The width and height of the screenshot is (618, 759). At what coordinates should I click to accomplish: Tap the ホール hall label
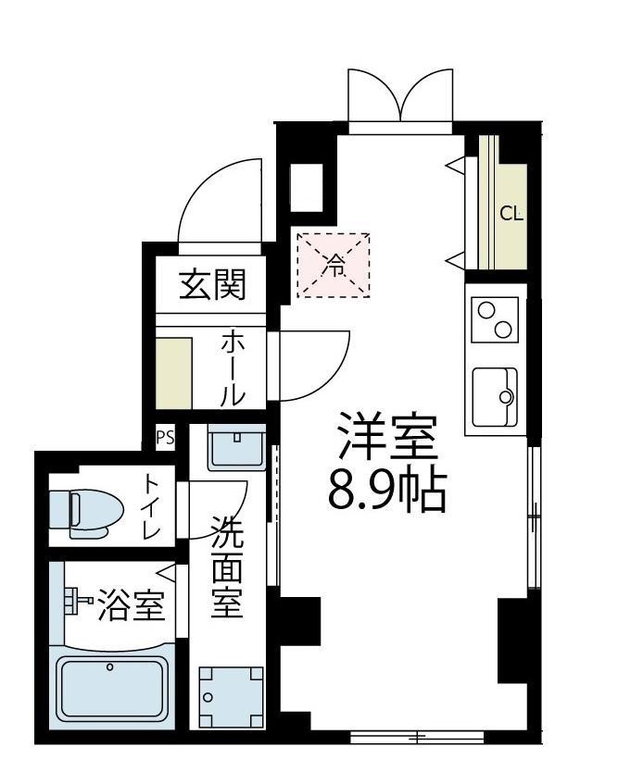[x=232, y=368]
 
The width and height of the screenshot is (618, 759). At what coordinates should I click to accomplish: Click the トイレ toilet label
[x=152, y=507]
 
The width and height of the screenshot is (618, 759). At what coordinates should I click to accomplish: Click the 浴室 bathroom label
[x=132, y=607]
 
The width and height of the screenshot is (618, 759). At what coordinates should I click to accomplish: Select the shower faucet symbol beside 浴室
[x=75, y=603]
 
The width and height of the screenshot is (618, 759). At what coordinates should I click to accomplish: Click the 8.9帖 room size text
[x=387, y=492]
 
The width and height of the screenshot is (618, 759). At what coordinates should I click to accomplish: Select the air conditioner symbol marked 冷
[x=333, y=266]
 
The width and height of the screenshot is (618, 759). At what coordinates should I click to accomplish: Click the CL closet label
[x=511, y=214]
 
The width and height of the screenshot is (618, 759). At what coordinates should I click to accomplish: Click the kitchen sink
[x=496, y=396]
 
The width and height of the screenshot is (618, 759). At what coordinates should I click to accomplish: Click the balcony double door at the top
[x=400, y=97]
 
